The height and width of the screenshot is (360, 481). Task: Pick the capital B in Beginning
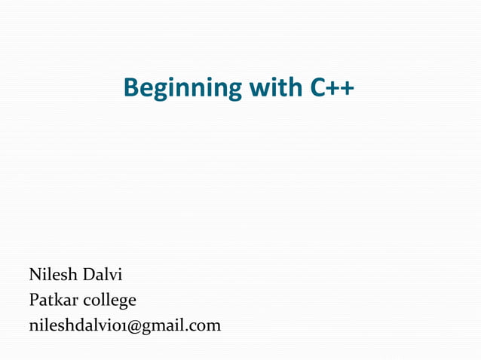coord(131,89)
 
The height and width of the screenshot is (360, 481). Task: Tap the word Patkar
coord(53,300)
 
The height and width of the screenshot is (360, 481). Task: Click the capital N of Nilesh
coord(35,273)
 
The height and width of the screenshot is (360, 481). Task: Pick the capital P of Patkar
coord(33,300)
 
